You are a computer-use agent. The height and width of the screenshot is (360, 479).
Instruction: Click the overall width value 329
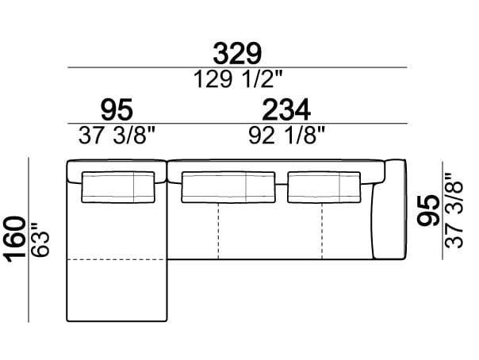pyautogui.click(x=237, y=54)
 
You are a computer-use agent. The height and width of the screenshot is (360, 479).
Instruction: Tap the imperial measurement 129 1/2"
pyautogui.click(x=238, y=79)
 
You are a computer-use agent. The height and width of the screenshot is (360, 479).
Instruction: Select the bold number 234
pyautogui.click(x=286, y=110)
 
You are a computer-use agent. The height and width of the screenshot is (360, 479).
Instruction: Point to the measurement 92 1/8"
pyautogui.click(x=286, y=136)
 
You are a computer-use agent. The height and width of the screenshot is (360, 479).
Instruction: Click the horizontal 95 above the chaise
pyautogui.click(x=117, y=110)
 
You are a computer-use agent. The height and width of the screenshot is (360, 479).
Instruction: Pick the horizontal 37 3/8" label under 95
pyautogui.click(x=117, y=136)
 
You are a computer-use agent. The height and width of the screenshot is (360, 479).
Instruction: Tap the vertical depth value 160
pyautogui.click(x=15, y=239)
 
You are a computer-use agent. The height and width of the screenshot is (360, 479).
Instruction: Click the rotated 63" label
pyautogui.click(x=40, y=239)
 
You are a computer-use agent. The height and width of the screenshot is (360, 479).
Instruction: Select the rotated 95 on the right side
pyautogui.click(x=428, y=210)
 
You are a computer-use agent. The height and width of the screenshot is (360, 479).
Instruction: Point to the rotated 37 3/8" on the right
pyautogui.click(x=454, y=210)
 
